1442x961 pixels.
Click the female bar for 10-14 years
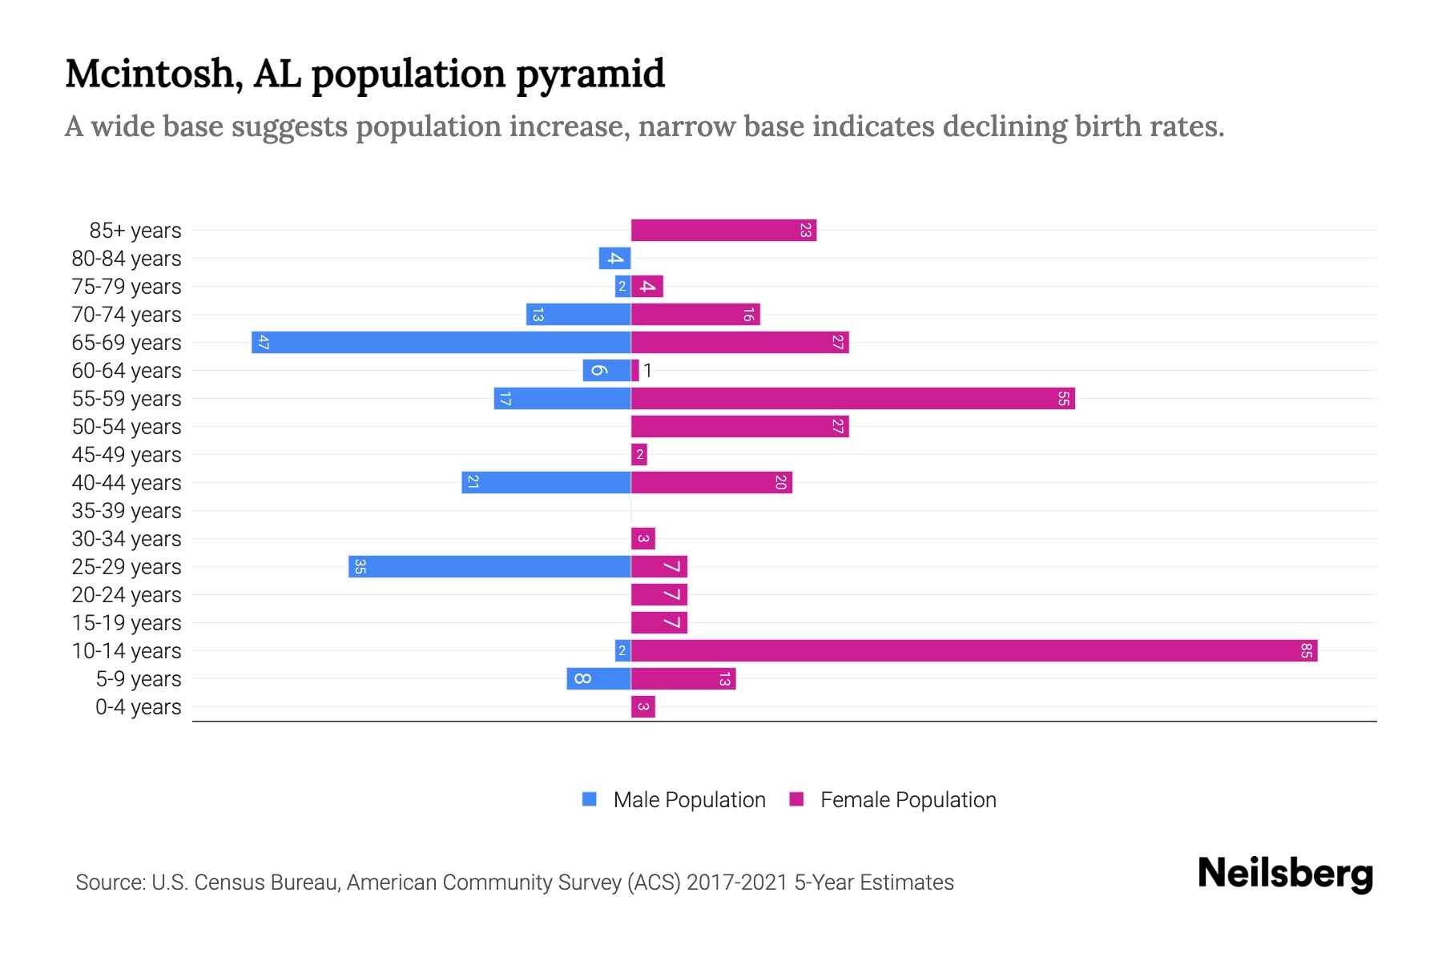tap(973, 650)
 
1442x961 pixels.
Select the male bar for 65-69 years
tap(441, 342)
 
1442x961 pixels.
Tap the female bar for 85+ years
tap(723, 230)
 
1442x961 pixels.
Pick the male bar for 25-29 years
tap(489, 566)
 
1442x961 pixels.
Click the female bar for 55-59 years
tap(852, 398)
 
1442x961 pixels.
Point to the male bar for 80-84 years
tap(614, 258)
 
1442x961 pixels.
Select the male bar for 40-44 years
tap(546, 482)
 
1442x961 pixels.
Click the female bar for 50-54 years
tap(739, 426)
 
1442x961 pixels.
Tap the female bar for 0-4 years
tap(642, 706)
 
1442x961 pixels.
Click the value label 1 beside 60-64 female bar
tap(647, 371)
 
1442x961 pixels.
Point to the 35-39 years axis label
tap(127, 511)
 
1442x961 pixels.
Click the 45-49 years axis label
tap(127, 455)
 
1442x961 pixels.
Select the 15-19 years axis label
tap(127, 623)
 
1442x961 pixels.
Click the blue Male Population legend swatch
tap(590, 799)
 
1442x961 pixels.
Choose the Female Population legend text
tap(908, 800)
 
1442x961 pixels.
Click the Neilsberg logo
tap(1285, 874)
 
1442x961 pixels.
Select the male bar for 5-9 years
tap(598, 678)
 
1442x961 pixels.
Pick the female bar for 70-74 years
tap(695, 314)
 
